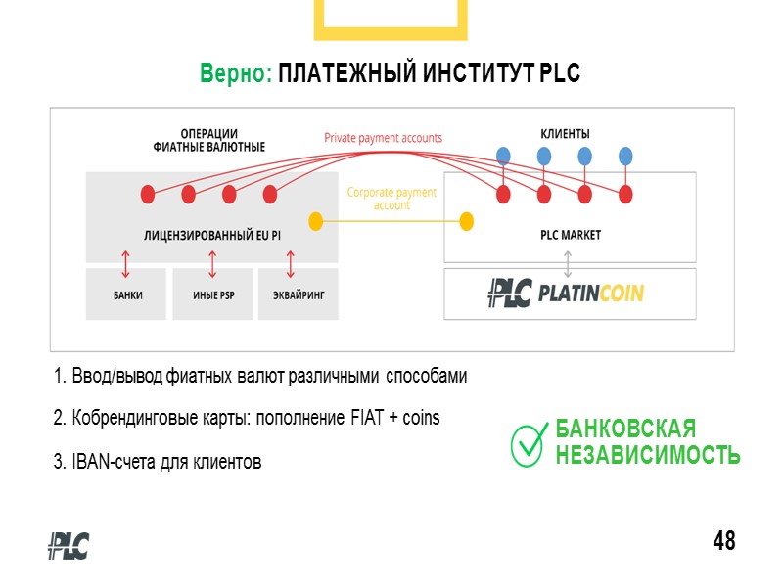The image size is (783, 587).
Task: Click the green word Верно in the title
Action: pyautogui.click(x=235, y=73)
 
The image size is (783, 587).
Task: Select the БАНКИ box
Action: pyautogui.click(x=127, y=294)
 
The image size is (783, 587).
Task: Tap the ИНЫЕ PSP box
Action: pyautogui.click(x=212, y=294)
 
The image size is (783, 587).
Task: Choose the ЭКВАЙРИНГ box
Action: pyautogui.click(x=298, y=294)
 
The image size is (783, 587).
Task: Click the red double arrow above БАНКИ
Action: pyautogui.click(x=126, y=263)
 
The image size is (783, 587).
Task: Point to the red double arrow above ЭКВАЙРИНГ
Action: pyautogui.click(x=291, y=263)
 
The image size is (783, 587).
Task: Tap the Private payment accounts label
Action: pyautogui.click(x=383, y=139)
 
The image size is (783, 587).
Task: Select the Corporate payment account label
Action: pyautogui.click(x=391, y=199)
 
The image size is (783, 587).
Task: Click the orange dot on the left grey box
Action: pyautogui.click(x=315, y=221)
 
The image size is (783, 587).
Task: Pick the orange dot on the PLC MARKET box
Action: pyautogui.click(x=467, y=221)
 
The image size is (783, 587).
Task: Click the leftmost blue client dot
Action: pyautogui.click(x=503, y=156)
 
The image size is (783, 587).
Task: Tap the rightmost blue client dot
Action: pyautogui.click(x=625, y=156)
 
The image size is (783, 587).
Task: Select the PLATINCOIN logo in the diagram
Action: pyautogui.click(x=566, y=293)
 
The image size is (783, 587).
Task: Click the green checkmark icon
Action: pyautogui.click(x=529, y=442)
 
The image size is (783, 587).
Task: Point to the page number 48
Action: pyautogui.click(x=724, y=540)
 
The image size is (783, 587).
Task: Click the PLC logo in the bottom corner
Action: pyautogui.click(x=69, y=545)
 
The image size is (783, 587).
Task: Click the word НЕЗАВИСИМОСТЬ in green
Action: pyautogui.click(x=647, y=455)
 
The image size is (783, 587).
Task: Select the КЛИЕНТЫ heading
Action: pyautogui.click(x=566, y=133)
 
